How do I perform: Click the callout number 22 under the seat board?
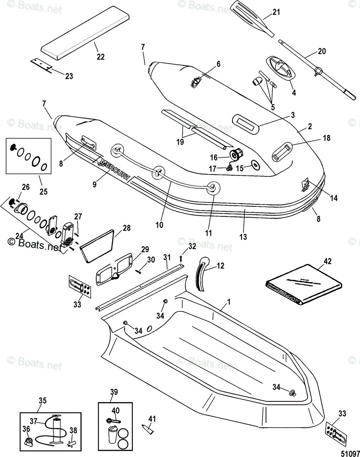click(x=100, y=57)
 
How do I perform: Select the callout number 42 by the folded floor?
click(x=328, y=261)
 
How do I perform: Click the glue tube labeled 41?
click(x=148, y=430)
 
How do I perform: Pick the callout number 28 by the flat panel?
click(x=127, y=228)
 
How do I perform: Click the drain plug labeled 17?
click(x=229, y=168)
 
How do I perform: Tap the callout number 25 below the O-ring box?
click(x=43, y=192)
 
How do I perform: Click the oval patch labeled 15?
click(x=255, y=165)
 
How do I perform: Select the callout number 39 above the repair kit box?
click(x=114, y=392)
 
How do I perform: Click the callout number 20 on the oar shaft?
click(x=322, y=51)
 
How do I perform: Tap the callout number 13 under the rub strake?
click(x=243, y=237)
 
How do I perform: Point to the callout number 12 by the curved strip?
click(x=221, y=266)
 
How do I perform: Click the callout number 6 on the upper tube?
click(x=218, y=64)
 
